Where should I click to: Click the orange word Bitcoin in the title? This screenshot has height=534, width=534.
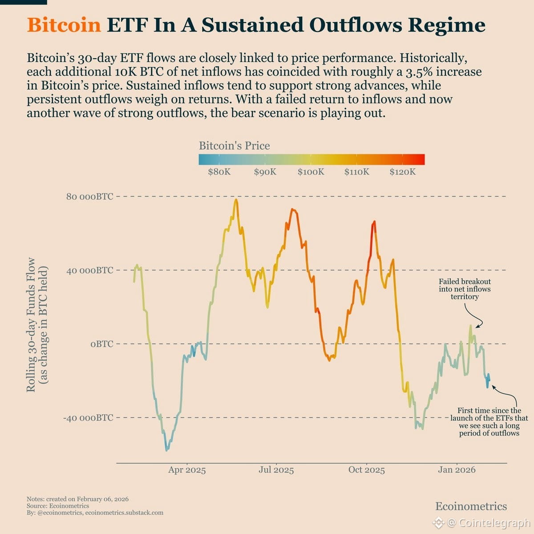point(64,25)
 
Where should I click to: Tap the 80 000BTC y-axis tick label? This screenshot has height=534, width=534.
point(89,196)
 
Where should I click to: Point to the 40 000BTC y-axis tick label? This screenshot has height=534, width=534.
point(89,270)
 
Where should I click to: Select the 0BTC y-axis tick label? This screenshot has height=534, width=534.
point(101,344)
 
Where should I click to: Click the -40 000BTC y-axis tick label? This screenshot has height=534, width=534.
point(88,418)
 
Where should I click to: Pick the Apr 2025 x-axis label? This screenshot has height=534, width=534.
point(187,470)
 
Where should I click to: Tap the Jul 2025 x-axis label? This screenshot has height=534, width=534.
point(276,470)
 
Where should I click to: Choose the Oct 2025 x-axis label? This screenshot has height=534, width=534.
point(366,470)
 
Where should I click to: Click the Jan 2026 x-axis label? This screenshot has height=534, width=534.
point(457,470)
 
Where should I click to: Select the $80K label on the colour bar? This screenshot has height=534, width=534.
point(219,172)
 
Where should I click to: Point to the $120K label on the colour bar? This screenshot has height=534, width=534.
point(402,172)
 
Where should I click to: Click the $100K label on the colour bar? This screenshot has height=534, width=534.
point(311,172)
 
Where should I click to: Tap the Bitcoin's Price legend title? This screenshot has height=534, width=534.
point(234,146)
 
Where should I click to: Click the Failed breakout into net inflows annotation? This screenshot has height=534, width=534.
point(465,289)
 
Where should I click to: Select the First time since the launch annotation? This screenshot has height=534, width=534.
point(489,422)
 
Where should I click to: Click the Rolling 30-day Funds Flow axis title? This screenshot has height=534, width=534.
point(37,325)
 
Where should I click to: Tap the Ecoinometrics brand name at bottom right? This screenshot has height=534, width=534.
point(471,506)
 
